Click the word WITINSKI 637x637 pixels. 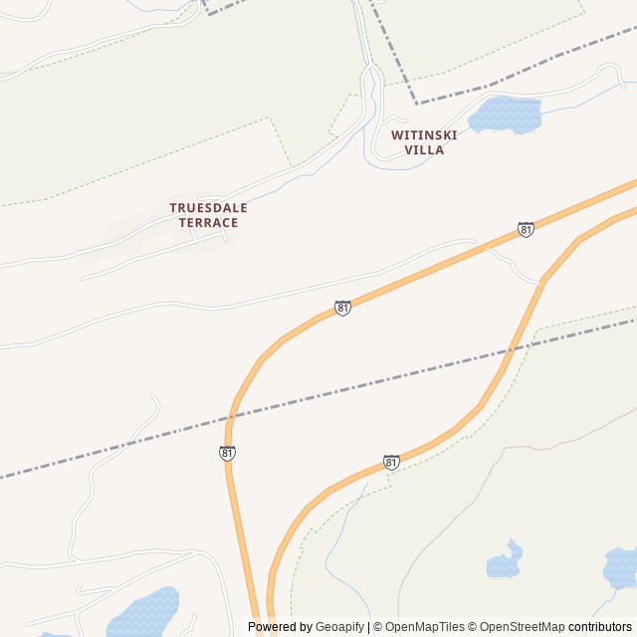click(424, 134)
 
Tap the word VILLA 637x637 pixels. click(424, 150)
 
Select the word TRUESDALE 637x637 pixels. click(208, 207)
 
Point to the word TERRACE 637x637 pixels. click(208, 223)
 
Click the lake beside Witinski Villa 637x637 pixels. click(504, 114)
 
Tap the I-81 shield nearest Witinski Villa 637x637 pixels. click(526, 230)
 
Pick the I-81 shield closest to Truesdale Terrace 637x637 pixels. click(342, 309)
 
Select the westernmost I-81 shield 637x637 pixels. click(227, 454)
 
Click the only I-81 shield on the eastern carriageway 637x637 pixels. click(391, 463)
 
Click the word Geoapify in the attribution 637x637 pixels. click(339, 627)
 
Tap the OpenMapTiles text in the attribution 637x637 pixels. click(424, 627)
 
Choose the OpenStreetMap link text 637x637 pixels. click(522, 627)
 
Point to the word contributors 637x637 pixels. click(600, 627)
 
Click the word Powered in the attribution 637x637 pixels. click(266, 627)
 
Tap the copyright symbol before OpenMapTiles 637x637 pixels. click(378, 627)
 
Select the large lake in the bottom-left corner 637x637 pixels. click(144, 612)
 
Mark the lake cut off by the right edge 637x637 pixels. click(621, 566)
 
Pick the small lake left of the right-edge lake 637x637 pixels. click(505, 562)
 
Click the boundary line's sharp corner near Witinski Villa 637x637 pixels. click(418, 103)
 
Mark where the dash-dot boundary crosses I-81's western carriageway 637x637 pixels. click(234, 414)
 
